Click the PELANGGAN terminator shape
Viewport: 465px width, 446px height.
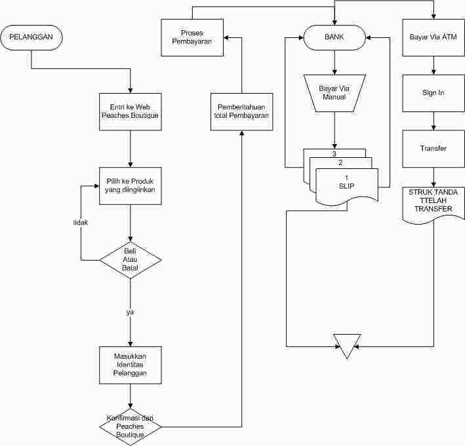(31, 37)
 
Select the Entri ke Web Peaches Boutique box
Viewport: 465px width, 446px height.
(131, 111)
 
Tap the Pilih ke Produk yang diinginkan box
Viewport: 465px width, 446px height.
(131, 186)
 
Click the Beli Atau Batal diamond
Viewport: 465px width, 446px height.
(131, 260)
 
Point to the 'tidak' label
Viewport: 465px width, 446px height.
(81, 223)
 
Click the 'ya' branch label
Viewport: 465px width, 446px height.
(130, 312)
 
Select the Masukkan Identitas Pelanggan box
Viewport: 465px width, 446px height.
(131, 365)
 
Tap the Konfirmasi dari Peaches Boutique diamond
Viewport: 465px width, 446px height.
(131, 427)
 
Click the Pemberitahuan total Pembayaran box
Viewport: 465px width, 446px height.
(242, 111)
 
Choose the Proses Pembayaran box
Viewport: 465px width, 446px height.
(192, 37)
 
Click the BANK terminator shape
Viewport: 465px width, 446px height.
(334, 37)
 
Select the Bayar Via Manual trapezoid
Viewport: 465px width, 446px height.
(334, 93)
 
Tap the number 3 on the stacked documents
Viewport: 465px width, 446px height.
(334, 154)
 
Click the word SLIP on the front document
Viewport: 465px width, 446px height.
(346, 186)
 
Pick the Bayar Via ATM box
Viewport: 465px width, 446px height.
(434, 37)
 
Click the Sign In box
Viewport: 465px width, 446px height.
(434, 93)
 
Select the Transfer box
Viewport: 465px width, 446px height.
(434, 149)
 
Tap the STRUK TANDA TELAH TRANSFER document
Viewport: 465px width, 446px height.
(434, 204)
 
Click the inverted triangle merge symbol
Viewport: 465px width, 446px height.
(347, 345)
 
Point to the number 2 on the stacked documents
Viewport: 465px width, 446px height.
(340, 162)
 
